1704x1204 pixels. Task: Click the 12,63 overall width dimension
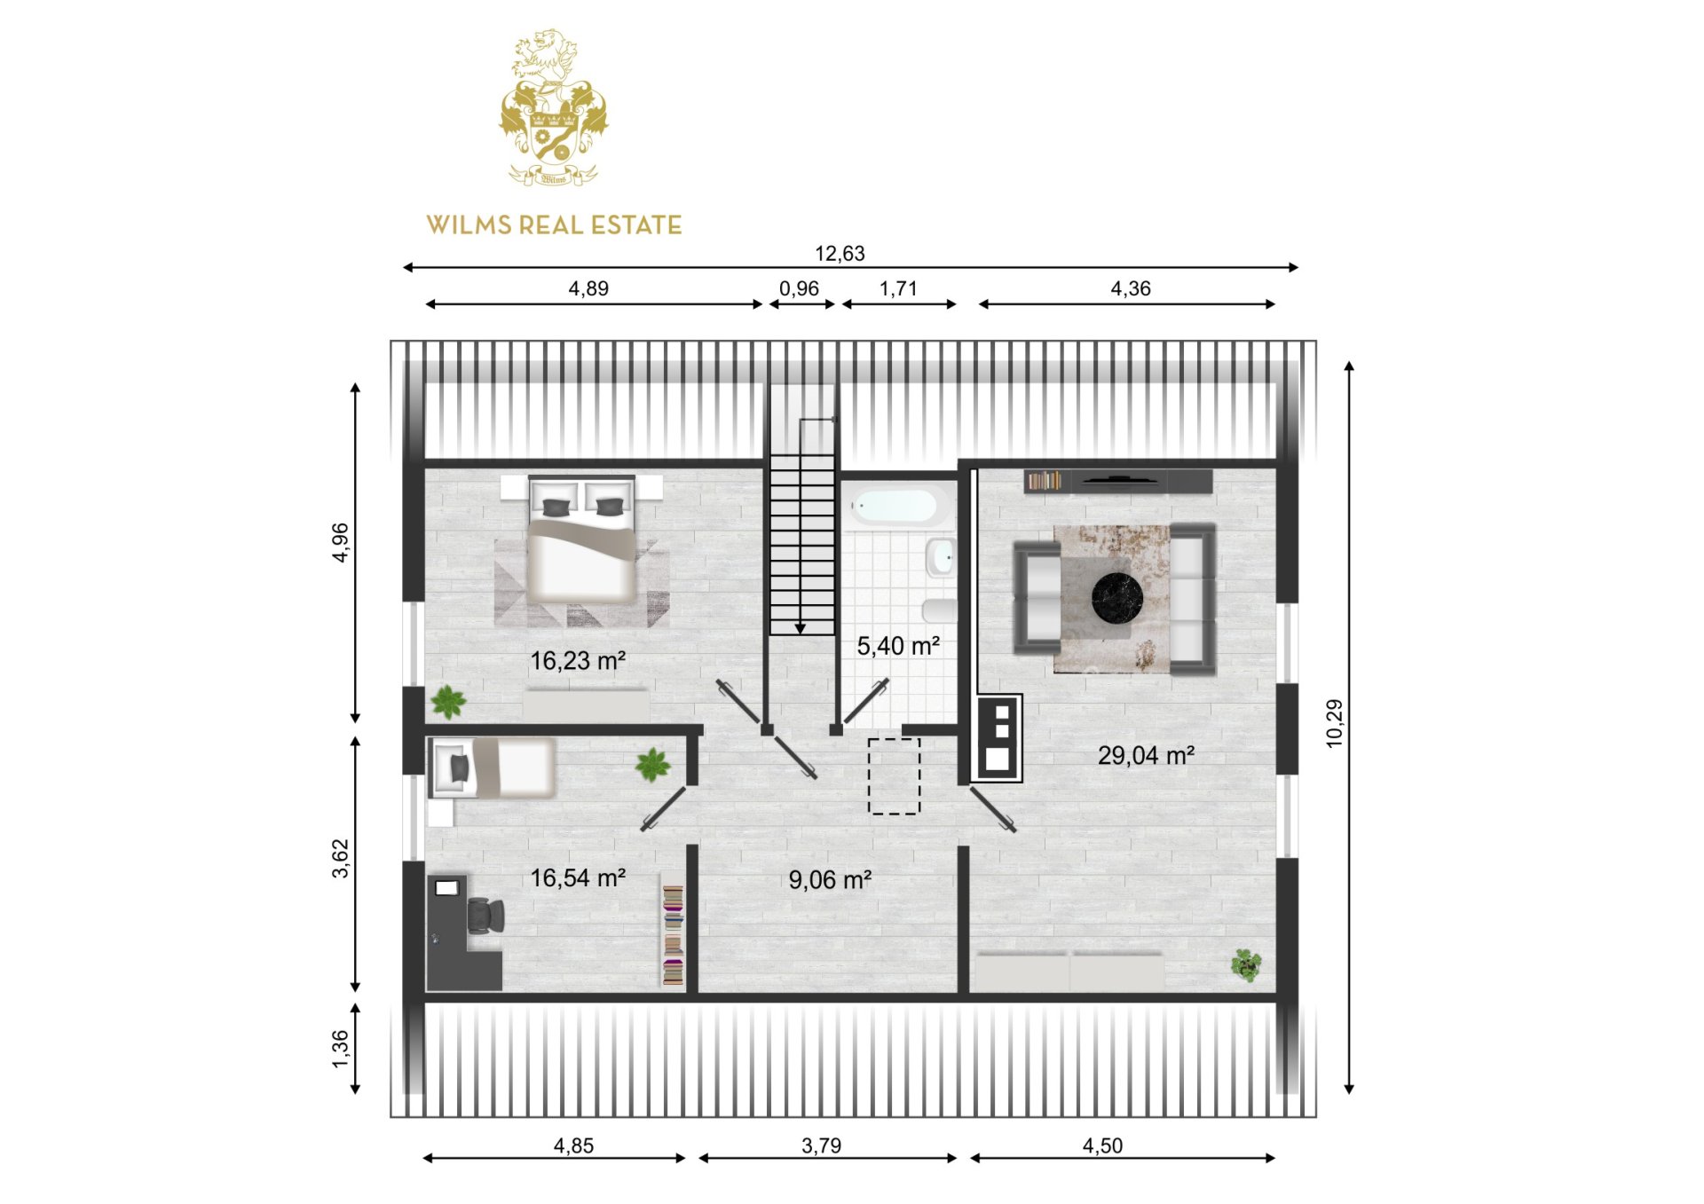pyautogui.click(x=840, y=254)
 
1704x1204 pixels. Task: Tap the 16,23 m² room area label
pyautogui.click(x=578, y=661)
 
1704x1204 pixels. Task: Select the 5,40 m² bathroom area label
pyautogui.click(x=898, y=646)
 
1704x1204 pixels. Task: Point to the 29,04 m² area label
pyautogui.click(x=1146, y=756)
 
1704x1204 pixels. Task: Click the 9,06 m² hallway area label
pyautogui.click(x=830, y=880)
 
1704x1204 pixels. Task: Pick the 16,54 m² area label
pyautogui.click(x=578, y=878)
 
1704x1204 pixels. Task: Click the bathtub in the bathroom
pyautogui.click(x=894, y=507)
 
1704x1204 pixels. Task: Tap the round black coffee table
pyautogui.click(x=1117, y=598)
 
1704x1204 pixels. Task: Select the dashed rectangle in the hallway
pyautogui.click(x=894, y=776)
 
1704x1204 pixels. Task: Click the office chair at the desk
pyautogui.click(x=485, y=916)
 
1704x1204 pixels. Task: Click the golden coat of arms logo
pyautogui.click(x=554, y=107)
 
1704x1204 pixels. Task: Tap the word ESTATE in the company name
pyautogui.click(x=636, y=225)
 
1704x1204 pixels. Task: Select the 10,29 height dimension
pyautogui.click(x=1334, y=724)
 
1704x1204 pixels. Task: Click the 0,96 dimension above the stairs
pyautogui.click(x=799, y=289)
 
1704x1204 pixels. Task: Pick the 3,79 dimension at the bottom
pyautogui.click(x=821, y=1146)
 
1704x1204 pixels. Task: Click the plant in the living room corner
pyautogui.click(x=1246, y=965)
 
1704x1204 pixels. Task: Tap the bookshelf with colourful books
pyautogui.click(x=674, y=936)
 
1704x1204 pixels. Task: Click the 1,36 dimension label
pyautogui.click(x=341, y=1049)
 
